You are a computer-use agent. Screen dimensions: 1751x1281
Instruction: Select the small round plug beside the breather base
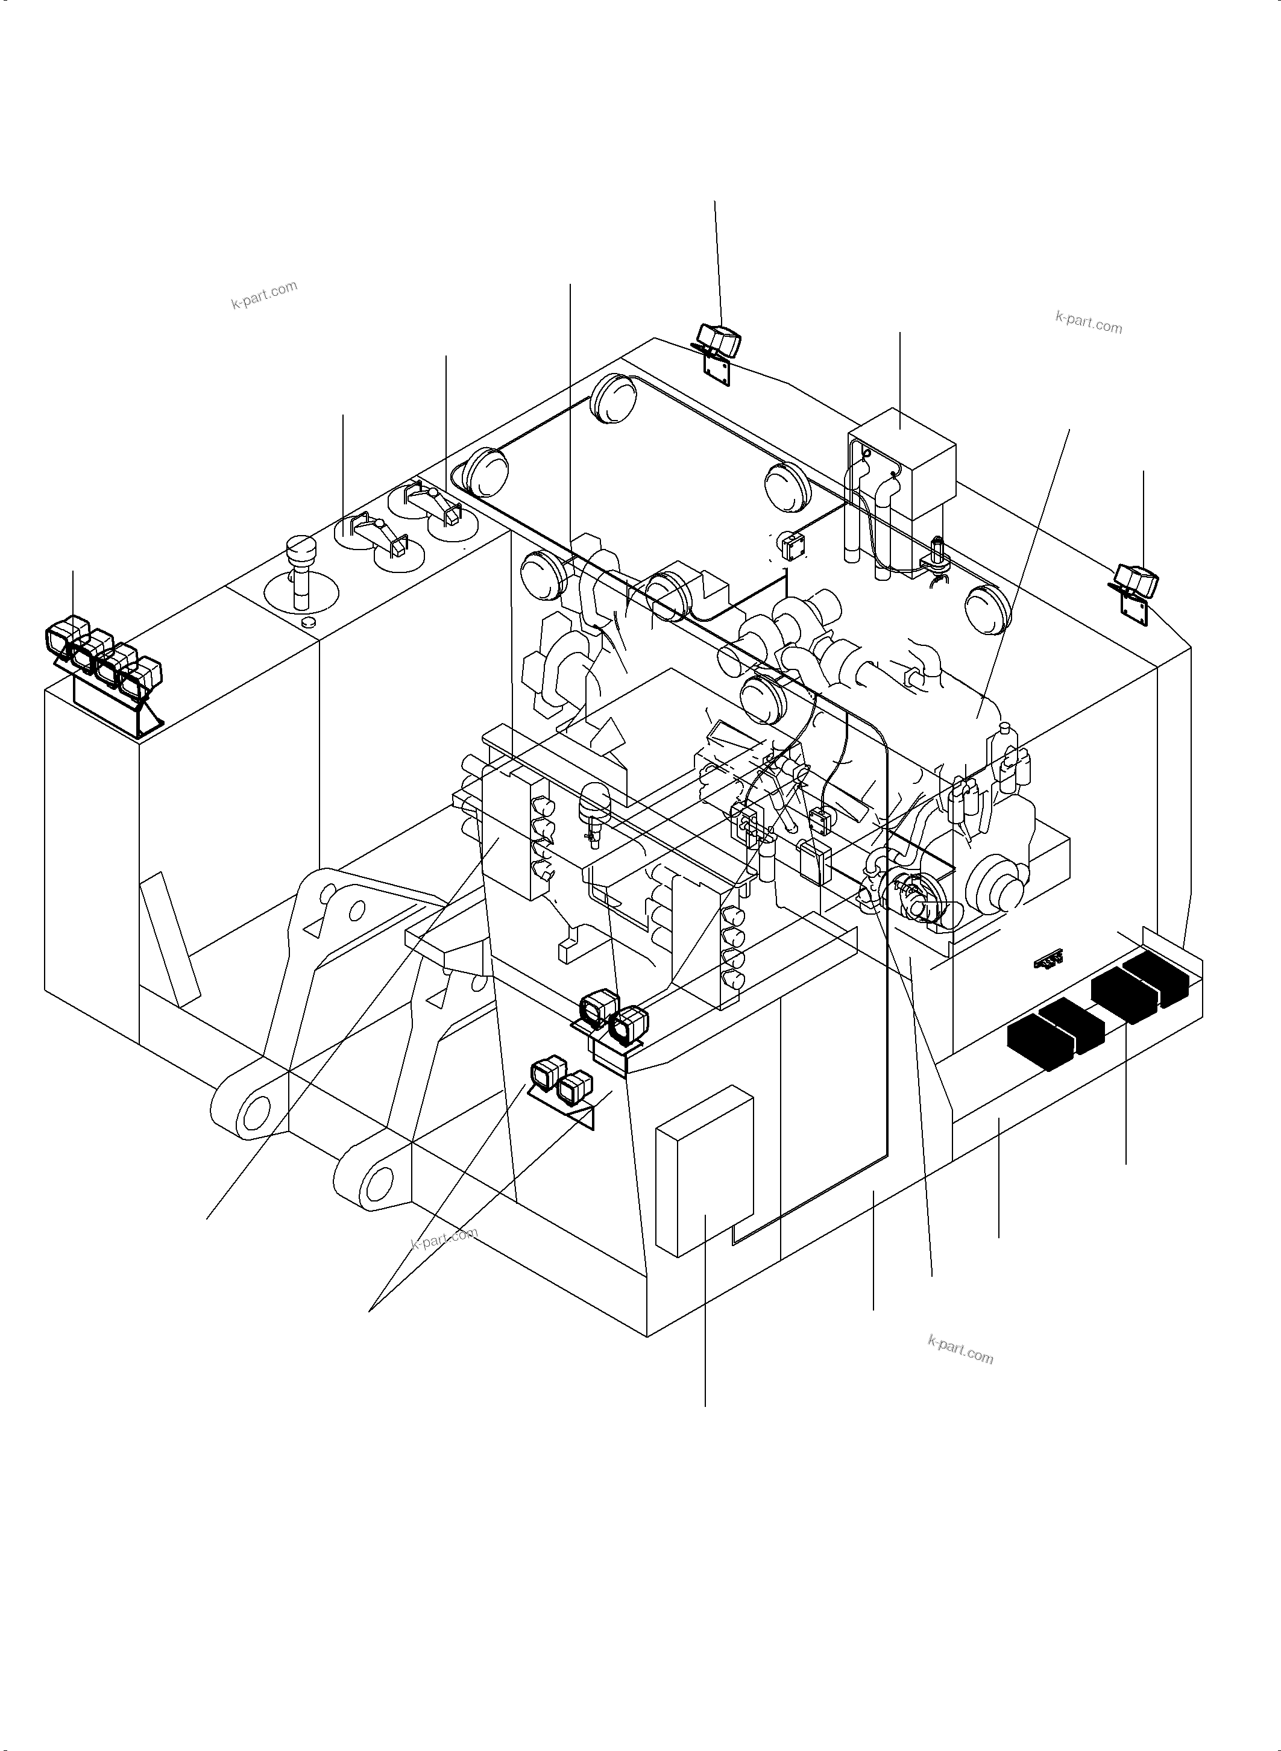tap(309, 622)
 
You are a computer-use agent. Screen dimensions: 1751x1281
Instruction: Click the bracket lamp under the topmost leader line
tap(718, 341)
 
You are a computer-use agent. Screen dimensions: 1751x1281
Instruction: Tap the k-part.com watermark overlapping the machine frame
tap(444, 1238)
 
